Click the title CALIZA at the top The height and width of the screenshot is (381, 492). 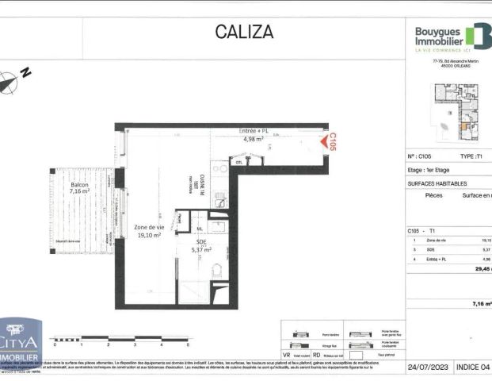[244, 33]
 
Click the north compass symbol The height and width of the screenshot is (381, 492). [10, 81]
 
